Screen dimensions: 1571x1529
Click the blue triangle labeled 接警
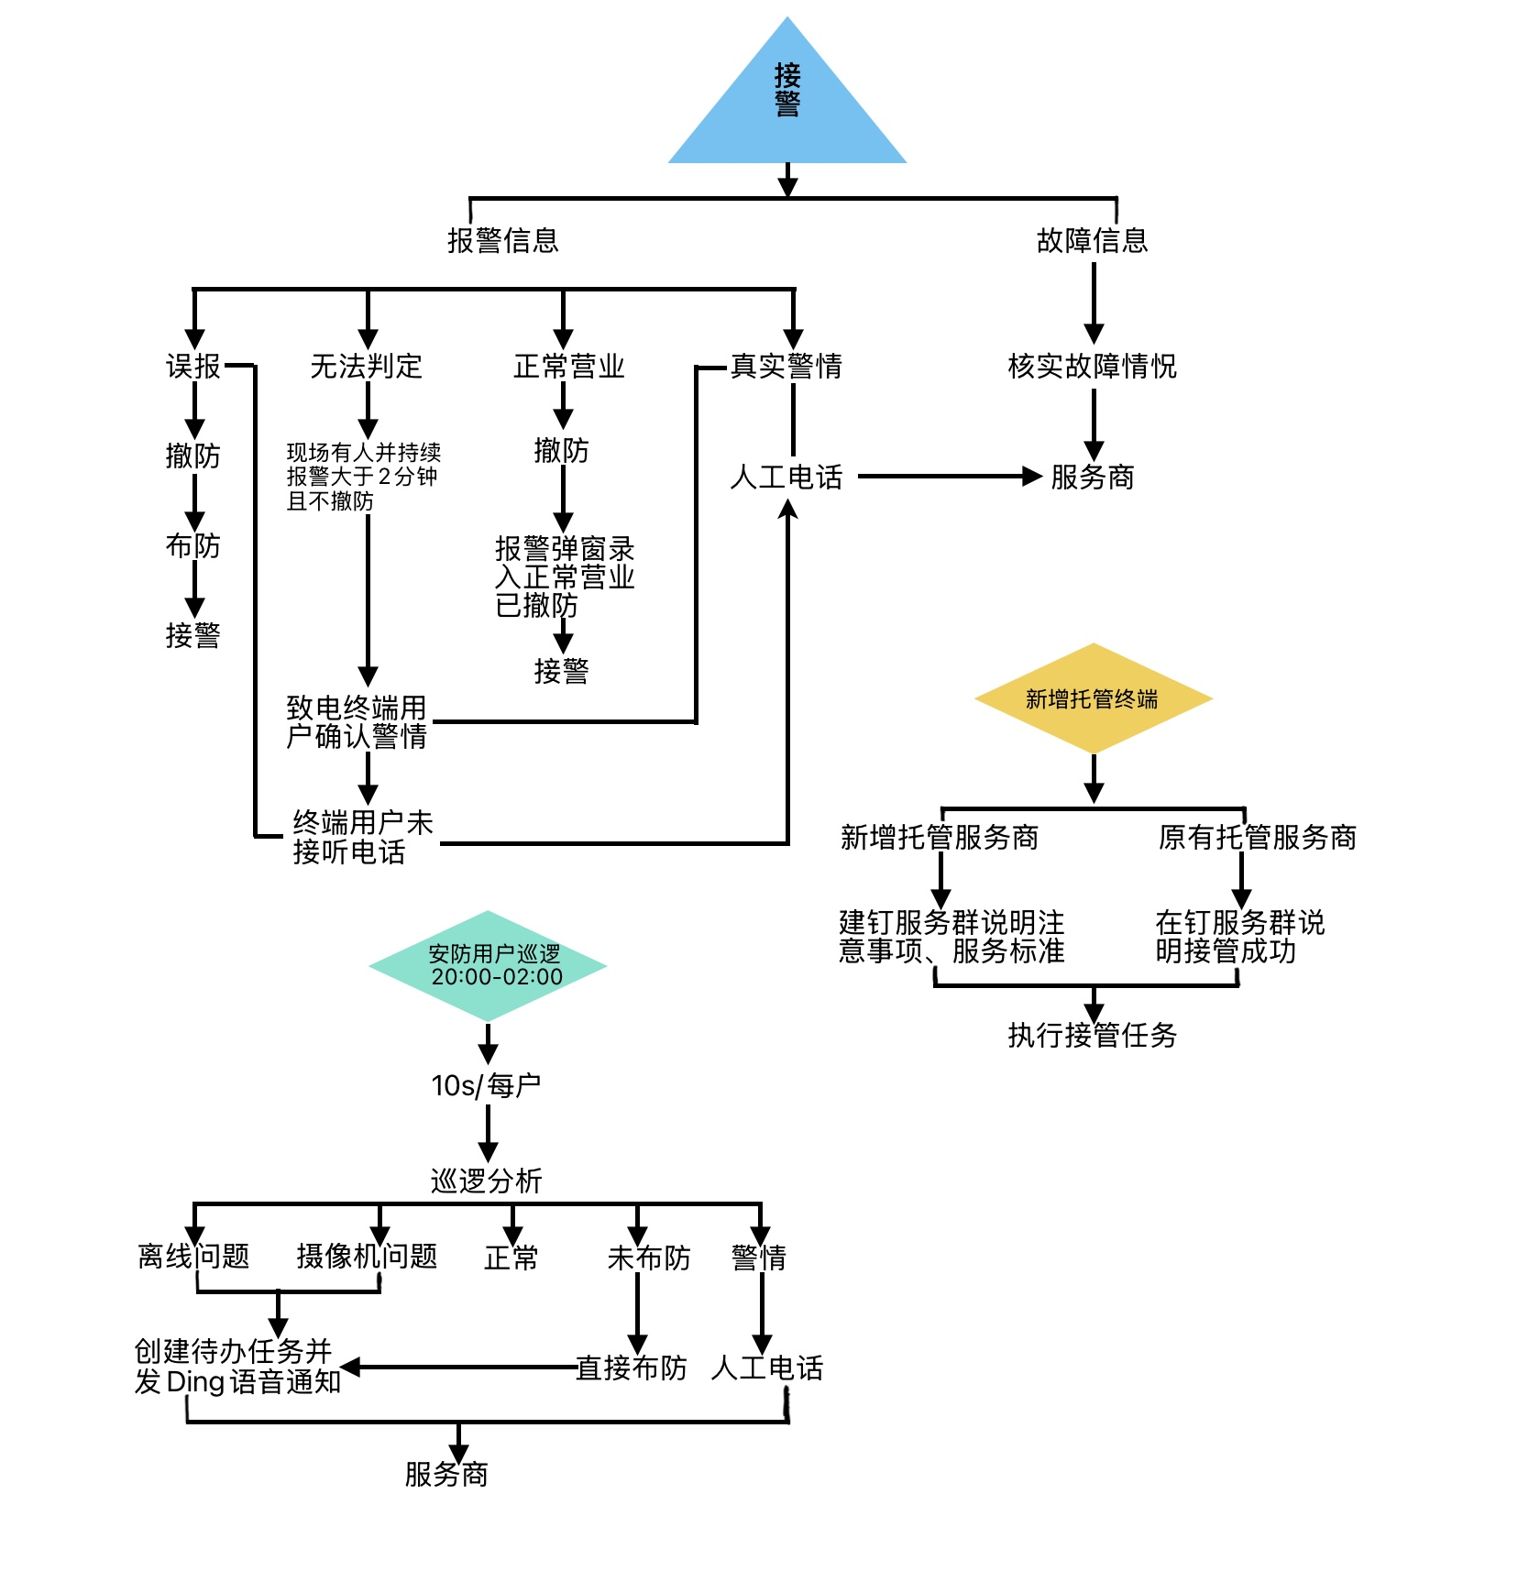[787, 101]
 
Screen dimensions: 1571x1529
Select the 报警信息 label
[502, 240]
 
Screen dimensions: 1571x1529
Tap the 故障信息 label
[1092, 240]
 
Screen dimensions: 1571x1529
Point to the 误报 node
[193, 367]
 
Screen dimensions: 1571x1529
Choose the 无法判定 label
[366, 367]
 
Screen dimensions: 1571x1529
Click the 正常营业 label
[568, 367]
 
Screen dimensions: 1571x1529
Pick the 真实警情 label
[786, 367]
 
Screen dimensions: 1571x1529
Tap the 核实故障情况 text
[1092, 367]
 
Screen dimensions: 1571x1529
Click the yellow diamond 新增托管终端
[1093, 698]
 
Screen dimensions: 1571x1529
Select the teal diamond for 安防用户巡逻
[489, 966]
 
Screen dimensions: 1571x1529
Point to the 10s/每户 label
[486, 1086]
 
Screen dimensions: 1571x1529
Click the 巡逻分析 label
[486, 1181]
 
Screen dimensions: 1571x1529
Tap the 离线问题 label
[193, 1257]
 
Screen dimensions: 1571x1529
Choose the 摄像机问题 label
[367, 1257]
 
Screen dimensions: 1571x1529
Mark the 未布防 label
[649, 1258]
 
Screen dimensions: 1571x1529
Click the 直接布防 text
[631, 1368]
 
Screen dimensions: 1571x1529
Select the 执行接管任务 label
[1092, 1036]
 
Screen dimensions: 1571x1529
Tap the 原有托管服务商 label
[1257, 837]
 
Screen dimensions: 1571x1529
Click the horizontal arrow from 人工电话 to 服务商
[949, 477]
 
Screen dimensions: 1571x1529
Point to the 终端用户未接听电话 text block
[362, 837]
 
